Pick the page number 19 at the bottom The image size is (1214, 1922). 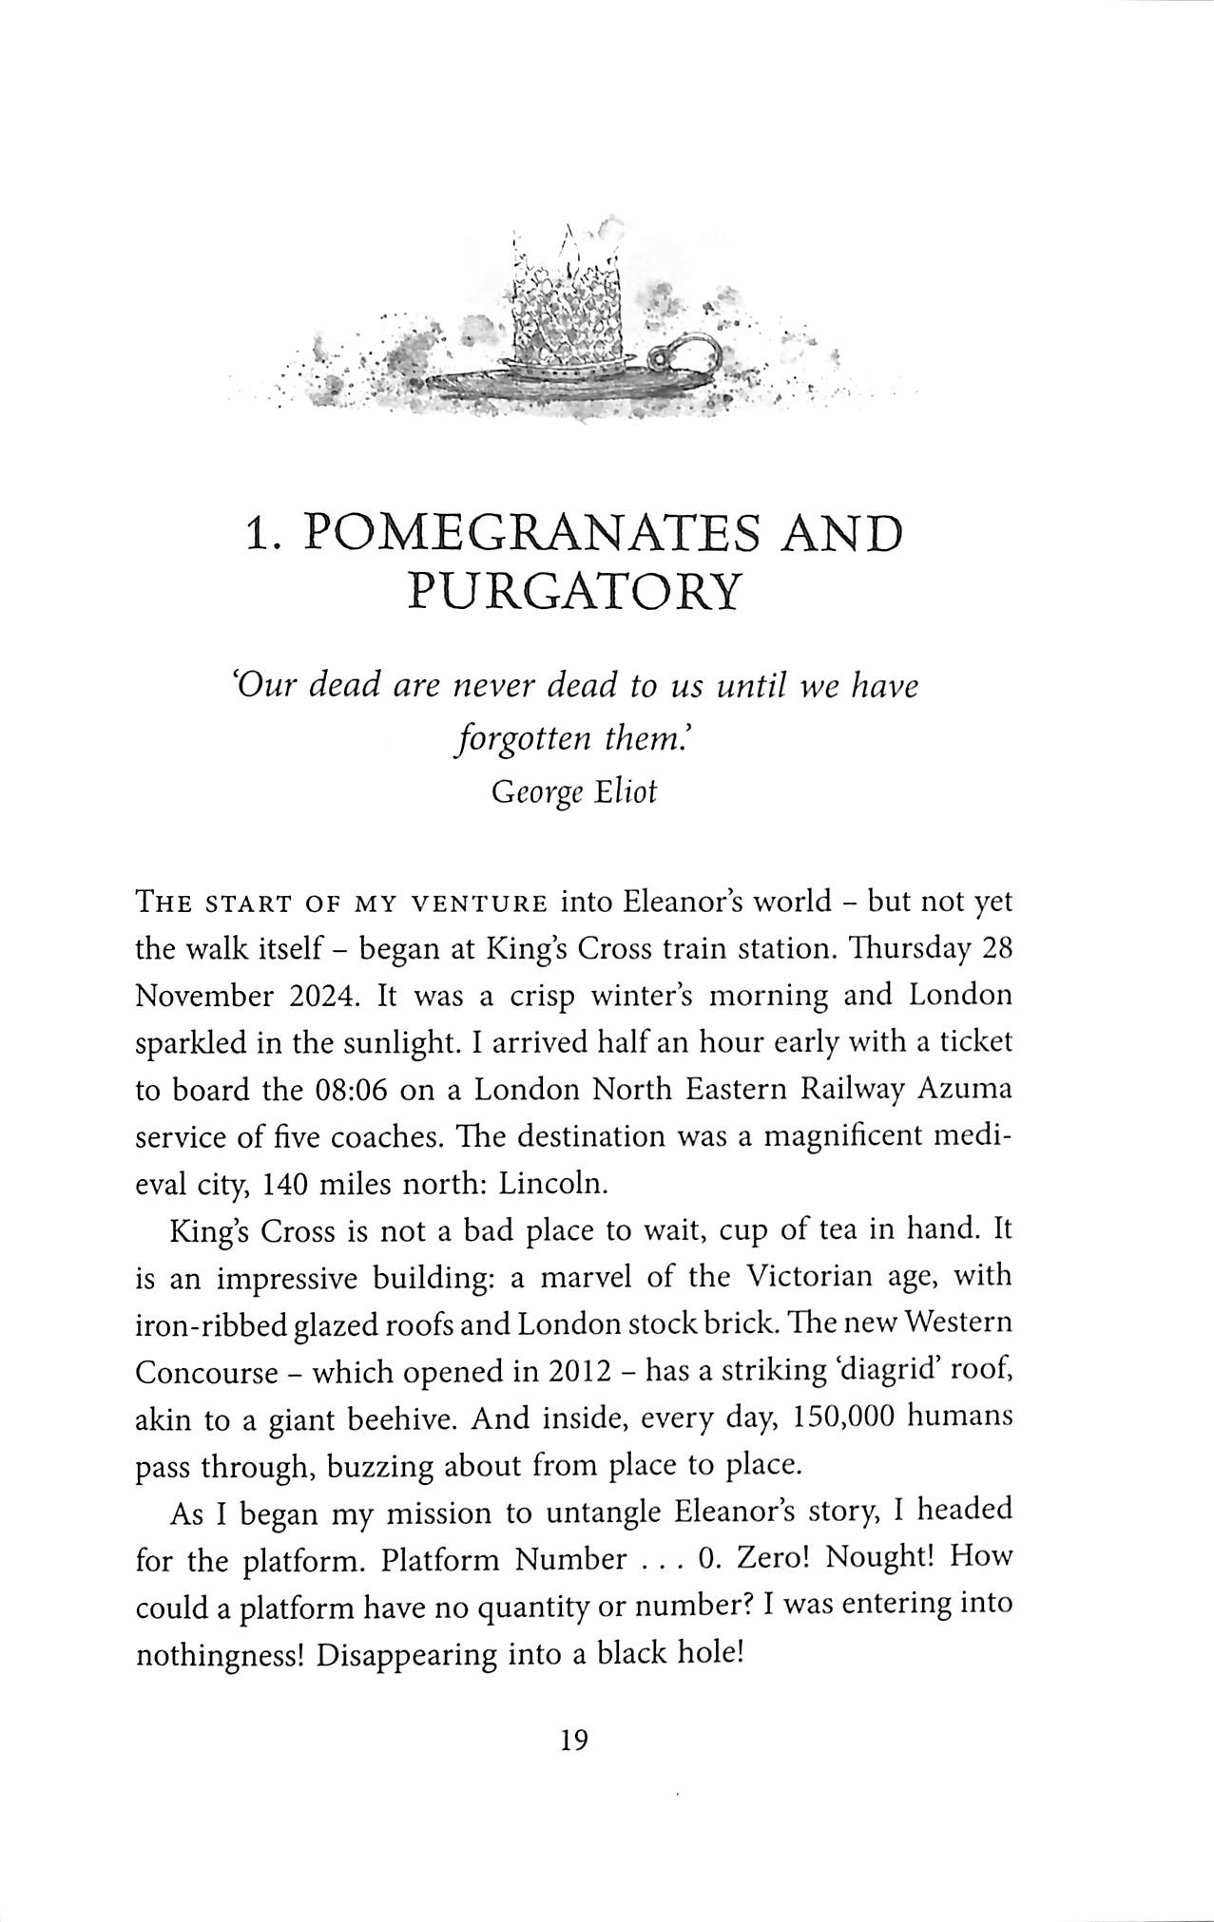(x=574, y=1740)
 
